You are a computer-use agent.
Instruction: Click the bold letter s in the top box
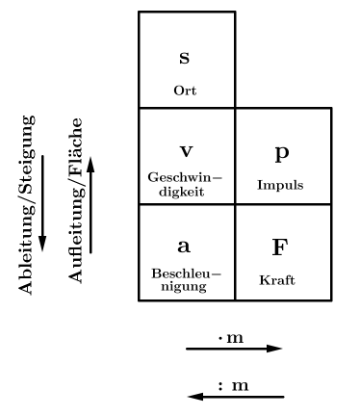(185, 59)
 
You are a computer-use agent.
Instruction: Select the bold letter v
(186, 152)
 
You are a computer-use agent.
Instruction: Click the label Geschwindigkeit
(186, 184)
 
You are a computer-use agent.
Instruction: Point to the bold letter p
(282, 152)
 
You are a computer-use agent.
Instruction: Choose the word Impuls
(282, 184)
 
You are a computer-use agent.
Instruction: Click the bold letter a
(185, 247)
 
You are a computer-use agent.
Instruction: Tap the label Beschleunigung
(186, 279)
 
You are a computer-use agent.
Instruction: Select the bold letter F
(280, 247)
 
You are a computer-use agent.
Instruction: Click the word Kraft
(277, 280)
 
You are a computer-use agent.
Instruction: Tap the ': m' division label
(234, 385)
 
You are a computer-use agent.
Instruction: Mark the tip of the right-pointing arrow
(281, 349)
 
